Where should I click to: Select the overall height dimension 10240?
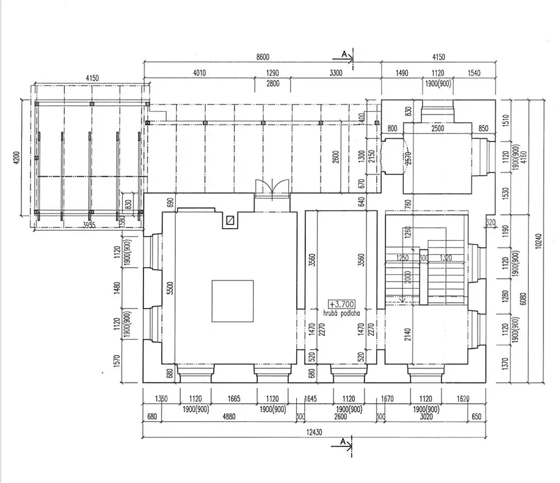pyautogui.click(x=539, y=241)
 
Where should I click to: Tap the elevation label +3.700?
pyautogui.click(x=341, y=304)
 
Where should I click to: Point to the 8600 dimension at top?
pyautogui.click(x=263, y=57)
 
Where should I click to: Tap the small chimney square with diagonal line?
pyautogui.click(x=230, y=221)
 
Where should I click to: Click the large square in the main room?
pyautogui.click(x=233, y=301)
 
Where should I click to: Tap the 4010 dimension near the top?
pyautogui.click(x=200, y=73)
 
